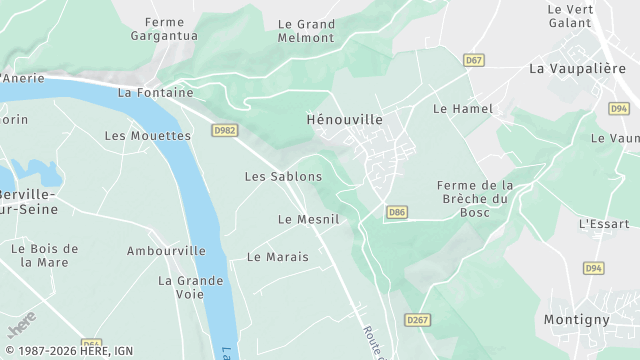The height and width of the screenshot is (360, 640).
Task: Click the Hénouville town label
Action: (344, 119)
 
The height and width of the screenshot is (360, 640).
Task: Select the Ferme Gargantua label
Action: (164, 29)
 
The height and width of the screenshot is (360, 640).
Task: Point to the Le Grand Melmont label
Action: (306, 30)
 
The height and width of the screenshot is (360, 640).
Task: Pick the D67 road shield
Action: (474, 61)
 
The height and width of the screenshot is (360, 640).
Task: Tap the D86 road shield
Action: (397, 212)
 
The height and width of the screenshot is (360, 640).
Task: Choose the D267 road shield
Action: (417, 319)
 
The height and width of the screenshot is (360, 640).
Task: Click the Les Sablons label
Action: (283, 176)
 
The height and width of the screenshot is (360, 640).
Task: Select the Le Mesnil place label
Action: (308, 219)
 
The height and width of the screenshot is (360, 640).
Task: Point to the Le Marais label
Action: (277, 257)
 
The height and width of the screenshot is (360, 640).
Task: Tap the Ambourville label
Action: (166, 251)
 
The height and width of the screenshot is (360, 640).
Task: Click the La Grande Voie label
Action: (190, 288)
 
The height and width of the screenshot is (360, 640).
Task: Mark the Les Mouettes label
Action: (147, 136)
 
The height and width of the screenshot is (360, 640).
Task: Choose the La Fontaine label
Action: (155, 92)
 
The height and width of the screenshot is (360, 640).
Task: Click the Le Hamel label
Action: (457, 108)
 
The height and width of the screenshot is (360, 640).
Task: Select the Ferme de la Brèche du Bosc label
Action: (475, 198)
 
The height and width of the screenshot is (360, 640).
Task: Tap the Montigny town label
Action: (576, 319)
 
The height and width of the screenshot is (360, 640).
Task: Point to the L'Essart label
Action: (604, 224)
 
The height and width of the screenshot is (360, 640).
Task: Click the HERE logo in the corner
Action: (21, 325)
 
